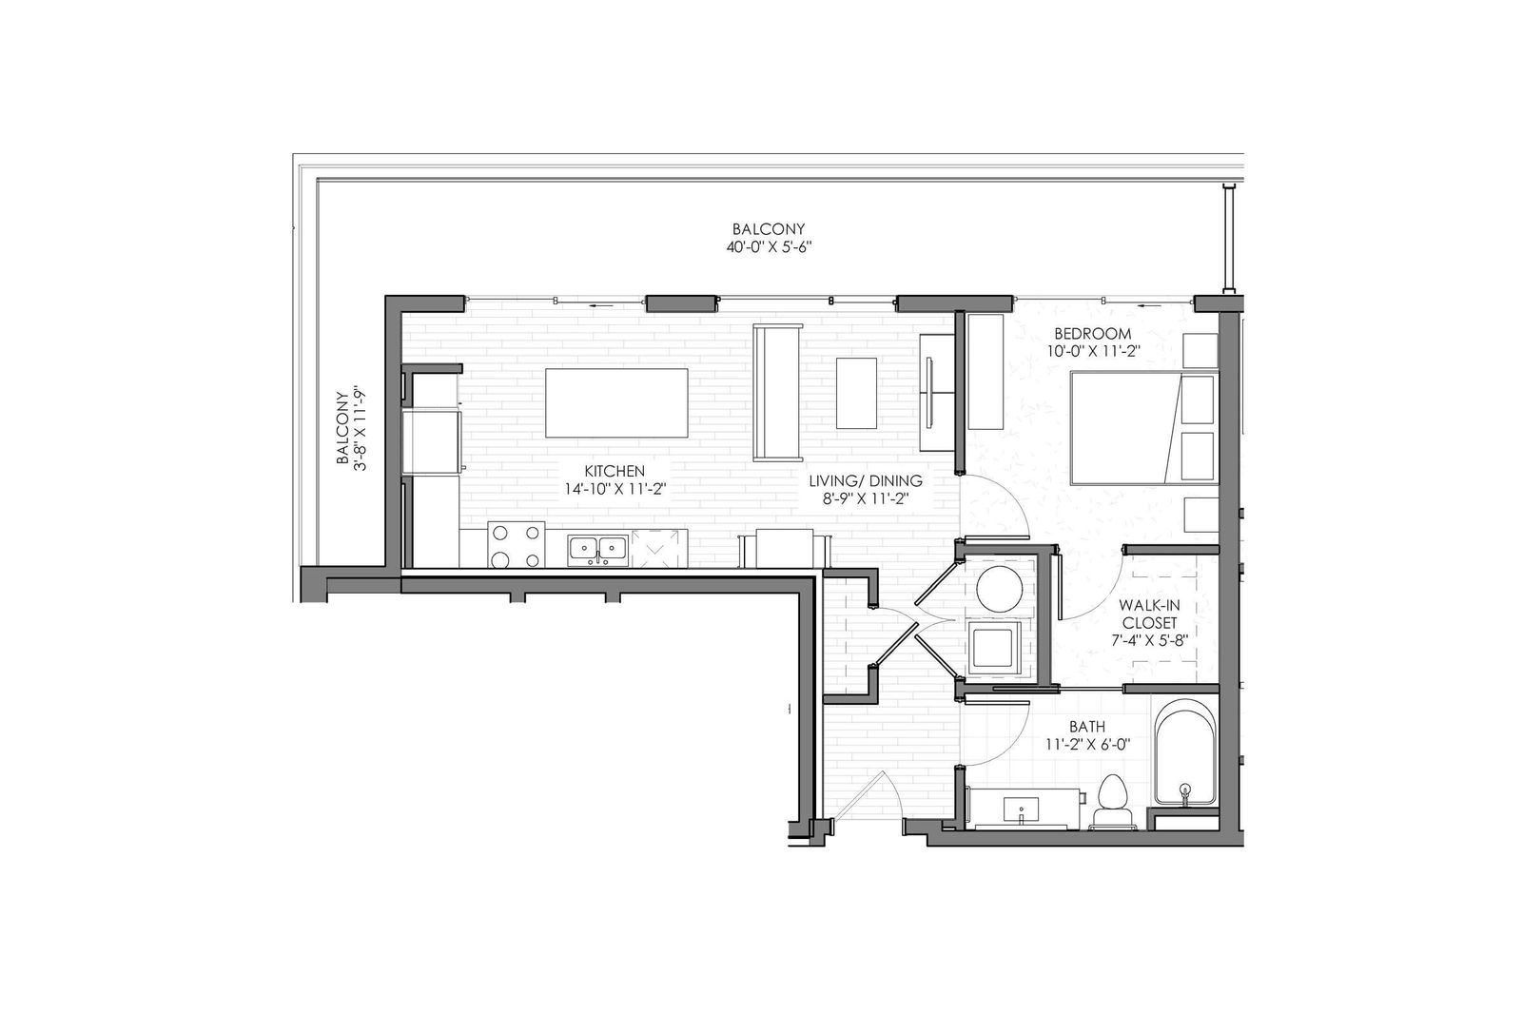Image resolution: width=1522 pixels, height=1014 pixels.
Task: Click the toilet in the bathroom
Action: pyautogui.click(x=1114, y=802)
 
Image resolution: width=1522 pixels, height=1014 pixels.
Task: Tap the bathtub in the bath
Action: pyautogui.click(x=1185, y=754)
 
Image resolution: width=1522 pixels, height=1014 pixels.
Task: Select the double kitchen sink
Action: pyautogui.click(x=598, y=549)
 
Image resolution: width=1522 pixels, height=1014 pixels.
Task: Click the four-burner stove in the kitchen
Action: pyautogui.click(x=517, y=544)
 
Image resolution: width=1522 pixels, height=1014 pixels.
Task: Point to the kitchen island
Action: pyautogui.click(x=616, y=403)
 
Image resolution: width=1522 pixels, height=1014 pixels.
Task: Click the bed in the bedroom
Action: pyautogui.click(x=1144, y=428)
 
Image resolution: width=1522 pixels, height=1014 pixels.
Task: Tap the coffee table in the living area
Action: pyautogui.click(x=856, y=393)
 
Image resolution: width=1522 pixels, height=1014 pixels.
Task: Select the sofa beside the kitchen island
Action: pyautogui.click(x=778, y=392)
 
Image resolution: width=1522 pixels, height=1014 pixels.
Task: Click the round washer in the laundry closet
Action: pyautogui.click(x=999, y=589)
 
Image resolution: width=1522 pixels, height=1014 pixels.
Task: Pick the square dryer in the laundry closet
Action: pyautogui.click(x=994, y=647)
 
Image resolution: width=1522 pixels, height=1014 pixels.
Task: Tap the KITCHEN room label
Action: pyautogui.click(x=615, y=471)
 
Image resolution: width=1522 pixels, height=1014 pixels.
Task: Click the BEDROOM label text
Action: pyautogui.click(x=1093, y=334)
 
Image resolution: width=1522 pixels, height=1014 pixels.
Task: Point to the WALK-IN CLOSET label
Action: pyautogui.click(x=1150, y=614)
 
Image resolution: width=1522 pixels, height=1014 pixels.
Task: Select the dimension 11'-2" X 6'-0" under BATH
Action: pyautogui.click(x=1088, y=744)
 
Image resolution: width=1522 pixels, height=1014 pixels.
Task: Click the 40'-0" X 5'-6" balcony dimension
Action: pyautogui.click(x=770, y=246)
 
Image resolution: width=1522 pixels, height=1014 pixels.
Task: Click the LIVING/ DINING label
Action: pyautogui.click(x=866, y=480)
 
